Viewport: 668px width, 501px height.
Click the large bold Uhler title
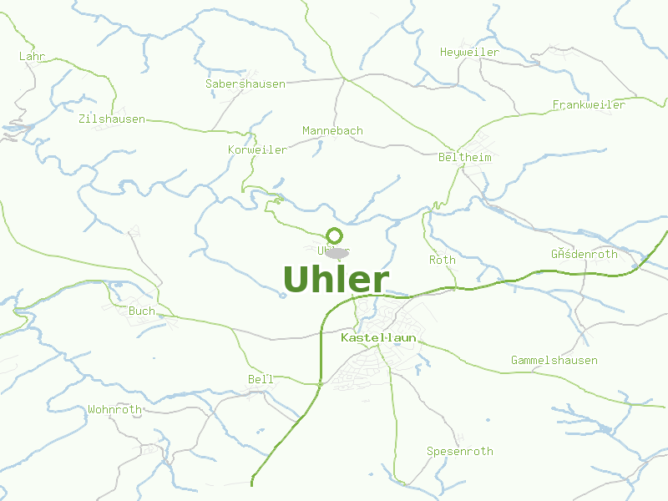tap(336, 280)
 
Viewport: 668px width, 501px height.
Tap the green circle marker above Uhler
tap(335, 235)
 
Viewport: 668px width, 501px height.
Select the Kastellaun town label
tap(378, 337)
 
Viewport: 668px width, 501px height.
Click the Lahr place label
tap(32, 56)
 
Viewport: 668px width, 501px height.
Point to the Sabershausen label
tap(245, 83)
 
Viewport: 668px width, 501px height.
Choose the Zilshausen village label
tap(111, 119)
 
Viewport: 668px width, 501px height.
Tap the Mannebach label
tap(332, 130)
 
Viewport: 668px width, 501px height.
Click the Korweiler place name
tap(257, 149)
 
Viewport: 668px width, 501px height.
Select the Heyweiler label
tap(469, 52)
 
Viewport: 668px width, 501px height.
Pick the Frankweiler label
tap(589, 104)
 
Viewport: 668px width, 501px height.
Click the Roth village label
tap(443, 260)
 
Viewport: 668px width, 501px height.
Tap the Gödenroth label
tap(584, 254)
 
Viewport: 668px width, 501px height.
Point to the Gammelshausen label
tap(554, 360)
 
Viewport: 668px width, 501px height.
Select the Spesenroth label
tap(460, 451)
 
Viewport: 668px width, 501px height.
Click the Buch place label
tap(141, 311)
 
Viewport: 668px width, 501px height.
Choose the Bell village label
tap(261, 379)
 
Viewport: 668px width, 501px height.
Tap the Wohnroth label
tap(114, 409)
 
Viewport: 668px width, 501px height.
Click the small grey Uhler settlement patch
tap(337, 251)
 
